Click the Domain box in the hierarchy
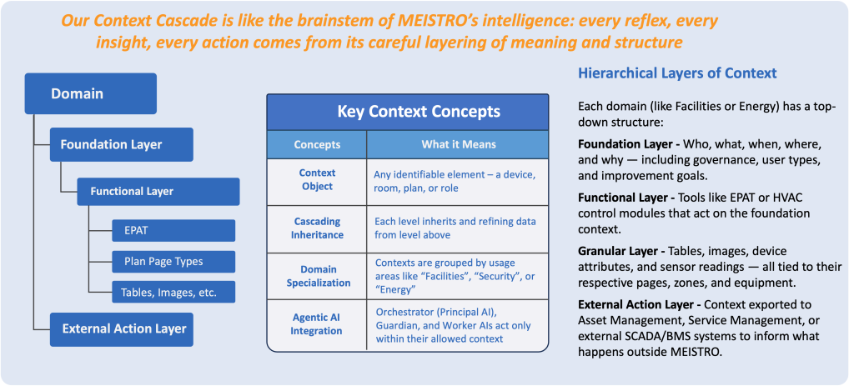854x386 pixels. point(90,93)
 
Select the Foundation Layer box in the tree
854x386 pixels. point(122,145)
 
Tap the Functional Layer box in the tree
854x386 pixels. point(158,192)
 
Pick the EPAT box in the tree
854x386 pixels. point(173,230)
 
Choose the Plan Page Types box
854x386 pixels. point(173,261)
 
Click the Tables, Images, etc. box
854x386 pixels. point(173,293)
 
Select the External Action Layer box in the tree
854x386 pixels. point(122,329)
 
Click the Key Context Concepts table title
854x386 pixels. point(407,113)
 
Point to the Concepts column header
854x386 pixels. point(317,145)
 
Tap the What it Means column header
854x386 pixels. point(458,145)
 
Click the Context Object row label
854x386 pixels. point(317,180)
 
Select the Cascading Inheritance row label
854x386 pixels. point(317,228)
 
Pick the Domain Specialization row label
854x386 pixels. point(317,276)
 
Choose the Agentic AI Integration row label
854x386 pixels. point(317,324)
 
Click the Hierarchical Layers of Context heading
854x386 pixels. point(677,73)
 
